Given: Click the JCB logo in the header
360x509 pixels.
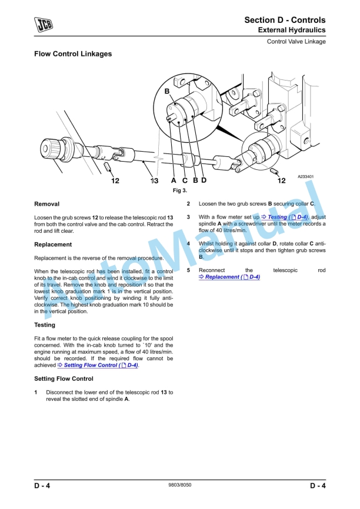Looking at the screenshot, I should click(x=44, y=24).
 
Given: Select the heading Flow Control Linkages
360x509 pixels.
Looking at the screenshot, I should click(x=73, y=54).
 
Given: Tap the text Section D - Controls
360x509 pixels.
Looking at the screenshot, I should click(x=285, y=20).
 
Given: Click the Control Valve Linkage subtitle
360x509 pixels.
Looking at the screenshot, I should click(x=296, y=42).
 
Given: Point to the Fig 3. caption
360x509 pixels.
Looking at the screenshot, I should click(x=179, y=190).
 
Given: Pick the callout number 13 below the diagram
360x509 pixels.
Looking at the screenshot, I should click(x=154, y=181).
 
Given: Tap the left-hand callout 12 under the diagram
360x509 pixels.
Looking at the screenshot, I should click(x=115, y=181).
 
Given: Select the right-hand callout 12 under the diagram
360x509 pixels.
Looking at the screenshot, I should click(x=281, y=181).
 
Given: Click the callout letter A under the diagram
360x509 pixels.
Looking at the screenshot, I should click(x=174, y=181).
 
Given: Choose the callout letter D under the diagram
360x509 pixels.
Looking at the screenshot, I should click(x=204, y=180).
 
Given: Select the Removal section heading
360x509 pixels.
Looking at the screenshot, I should click(x=46, y=204).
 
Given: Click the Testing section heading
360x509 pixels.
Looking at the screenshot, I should click(x=45, y=324).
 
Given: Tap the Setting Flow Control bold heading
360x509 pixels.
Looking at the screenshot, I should click(x=64, y=379).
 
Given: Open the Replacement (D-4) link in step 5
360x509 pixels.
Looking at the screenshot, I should click(x=229, y=277).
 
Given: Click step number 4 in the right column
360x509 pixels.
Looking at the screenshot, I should click(x=188, y=243).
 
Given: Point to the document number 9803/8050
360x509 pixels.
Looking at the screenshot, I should click(x=179, y=485).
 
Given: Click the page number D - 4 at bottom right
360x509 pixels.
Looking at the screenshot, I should click(x=318, y=485).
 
